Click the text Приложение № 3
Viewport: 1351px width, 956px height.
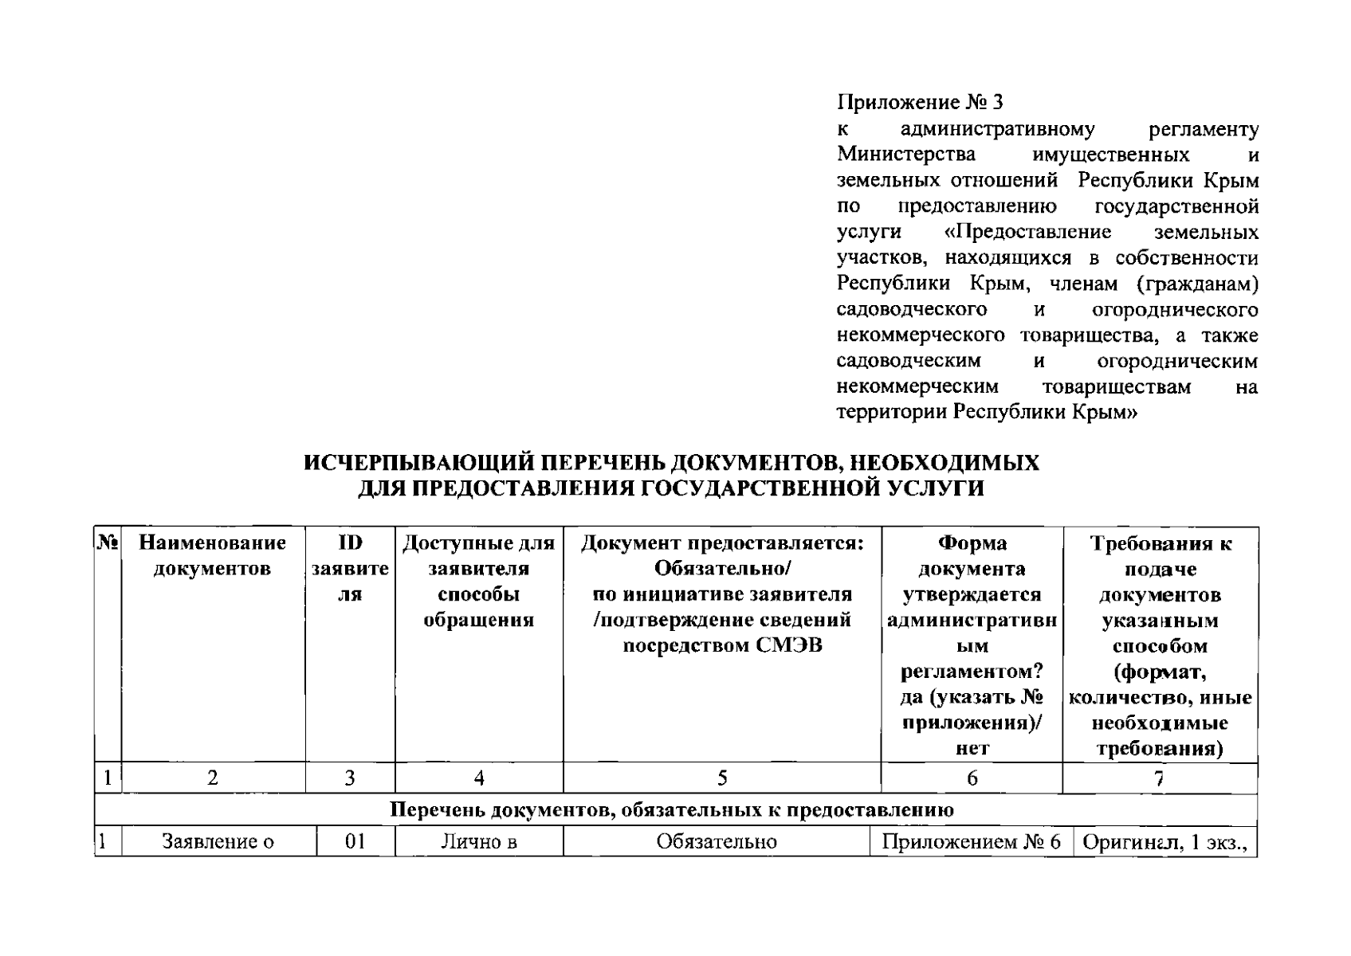pyautogui.click(x=920, y=103)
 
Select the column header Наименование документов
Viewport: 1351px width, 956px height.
pyautogui.click(x=212, y=556)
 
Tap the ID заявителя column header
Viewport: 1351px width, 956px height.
pyautogui.click(x=350, y=569)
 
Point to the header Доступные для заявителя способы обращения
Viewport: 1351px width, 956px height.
pyautogui.click(x=478, y=582)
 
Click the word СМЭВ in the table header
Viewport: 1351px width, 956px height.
pyautogui.click(x=788, y=645)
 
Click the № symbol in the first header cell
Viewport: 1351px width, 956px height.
pyautogui.click(x=108, y=543)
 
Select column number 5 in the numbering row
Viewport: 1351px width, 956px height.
pyautogui.click(x=722, y=778)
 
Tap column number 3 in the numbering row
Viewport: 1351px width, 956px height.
pyautogui.click(x=350, y=778)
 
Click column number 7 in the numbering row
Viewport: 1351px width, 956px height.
pyautogui.click(x=1160, y=778)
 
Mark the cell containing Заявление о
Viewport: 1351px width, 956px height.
pyautogui.click(x=218, y=842)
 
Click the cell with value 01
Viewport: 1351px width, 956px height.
pyautogui.click(x=355, y=842)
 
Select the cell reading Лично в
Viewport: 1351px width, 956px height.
pyautogui.click(x=479, y=842)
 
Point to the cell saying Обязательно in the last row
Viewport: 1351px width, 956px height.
pyautogui.click(x=716, y=842)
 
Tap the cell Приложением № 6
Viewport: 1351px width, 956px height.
pyautogui.click(x=972, y=842)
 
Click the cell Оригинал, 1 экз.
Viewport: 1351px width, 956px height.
pyautogui.click(x=1164, y=842)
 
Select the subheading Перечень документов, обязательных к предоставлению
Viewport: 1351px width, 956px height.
pyautogui.click(x=672, y=810)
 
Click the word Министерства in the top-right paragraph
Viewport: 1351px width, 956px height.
pyautogui.click(x=905, y=155)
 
